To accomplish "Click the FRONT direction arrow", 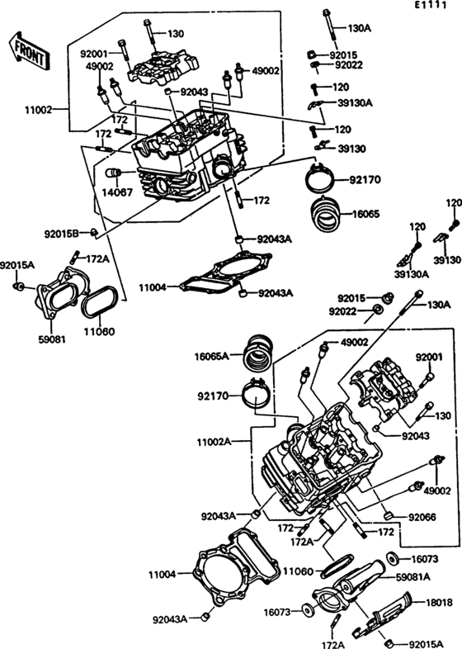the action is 29,50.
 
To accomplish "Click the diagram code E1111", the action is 431,5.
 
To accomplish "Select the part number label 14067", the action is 118,192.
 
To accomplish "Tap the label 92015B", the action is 61,234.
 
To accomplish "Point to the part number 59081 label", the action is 52,339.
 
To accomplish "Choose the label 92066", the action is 422,517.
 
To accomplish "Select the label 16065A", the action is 211,356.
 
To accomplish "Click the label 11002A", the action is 214,442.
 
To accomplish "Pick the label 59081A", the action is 413,576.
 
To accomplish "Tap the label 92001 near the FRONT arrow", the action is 94,54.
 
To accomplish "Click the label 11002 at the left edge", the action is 39,110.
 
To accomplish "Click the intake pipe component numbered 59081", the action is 57,295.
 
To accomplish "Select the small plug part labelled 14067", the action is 113,173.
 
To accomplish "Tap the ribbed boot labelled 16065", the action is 326,214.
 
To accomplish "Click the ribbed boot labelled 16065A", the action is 259,353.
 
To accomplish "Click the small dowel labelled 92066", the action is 388,516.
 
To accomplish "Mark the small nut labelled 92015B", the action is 94,233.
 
